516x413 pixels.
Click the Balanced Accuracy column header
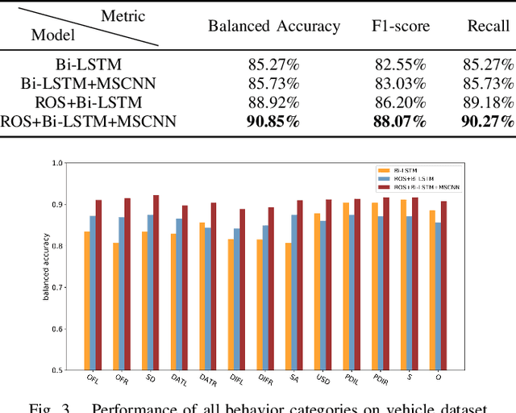[274, 26]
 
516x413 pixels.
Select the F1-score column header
[401, 26]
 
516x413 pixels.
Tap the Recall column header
[489, 26]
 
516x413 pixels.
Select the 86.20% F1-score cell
[401, 102]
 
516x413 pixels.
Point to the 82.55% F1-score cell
[401, 64]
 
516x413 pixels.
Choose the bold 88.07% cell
[401, 122]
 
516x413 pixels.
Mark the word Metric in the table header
[123, 15]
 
